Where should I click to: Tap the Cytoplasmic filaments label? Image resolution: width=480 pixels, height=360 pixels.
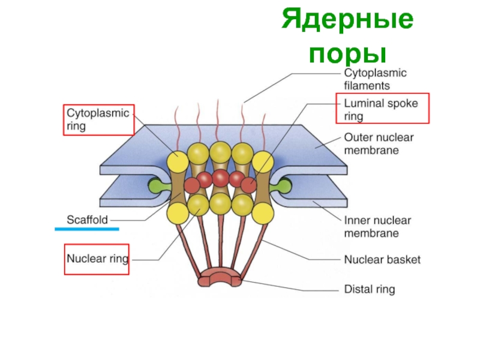[x=374, y=79]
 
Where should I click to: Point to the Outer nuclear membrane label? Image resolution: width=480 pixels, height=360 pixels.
[x=378, y=144]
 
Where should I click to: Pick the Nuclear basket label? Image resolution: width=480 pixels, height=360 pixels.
[x=382, y=260]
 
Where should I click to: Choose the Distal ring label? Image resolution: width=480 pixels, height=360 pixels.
[x=369, y=290]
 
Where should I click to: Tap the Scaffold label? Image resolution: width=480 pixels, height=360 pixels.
[x=86, y=220]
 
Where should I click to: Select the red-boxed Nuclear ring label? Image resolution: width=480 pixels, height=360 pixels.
[x=97, y=259]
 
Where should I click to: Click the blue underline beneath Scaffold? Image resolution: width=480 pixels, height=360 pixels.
[x=86, y=229]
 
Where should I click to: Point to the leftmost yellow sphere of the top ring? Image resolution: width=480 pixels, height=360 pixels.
[x=178, y=161]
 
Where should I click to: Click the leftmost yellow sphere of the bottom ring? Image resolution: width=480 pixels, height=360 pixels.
[x=178, y=211]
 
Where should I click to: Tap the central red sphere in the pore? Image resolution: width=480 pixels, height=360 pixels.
[x=220, y=178]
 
